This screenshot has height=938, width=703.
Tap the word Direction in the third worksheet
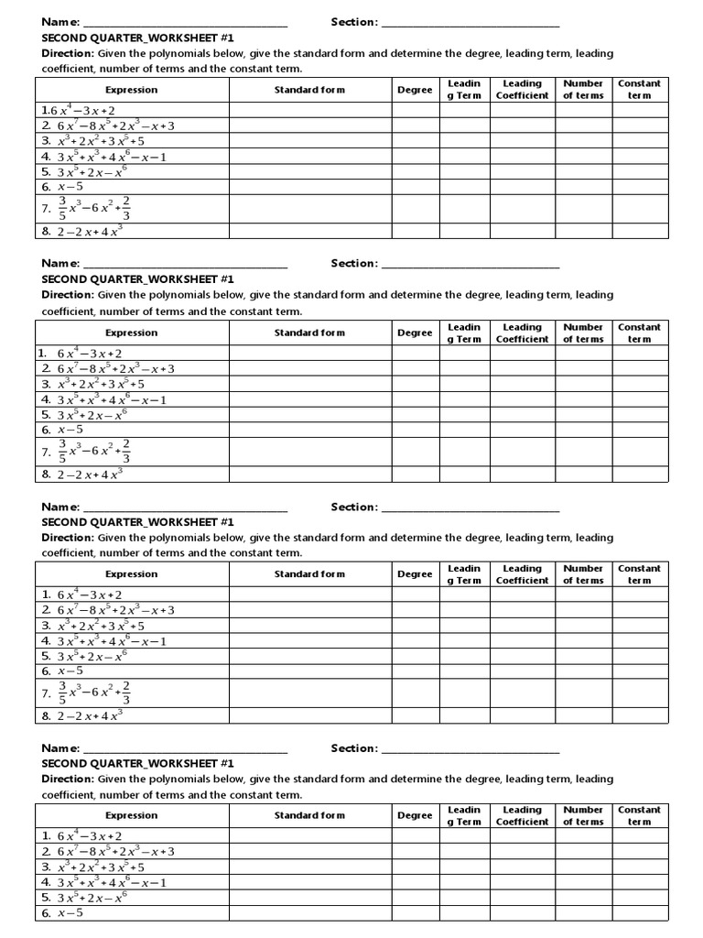(x=68, y=538)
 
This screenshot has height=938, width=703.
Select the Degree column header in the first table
(x=416, y=90)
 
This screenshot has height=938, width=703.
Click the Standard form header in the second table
(x=310, y=333)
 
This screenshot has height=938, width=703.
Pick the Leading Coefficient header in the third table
(x=522, y=574)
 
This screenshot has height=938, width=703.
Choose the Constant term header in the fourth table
(x=639, y=815)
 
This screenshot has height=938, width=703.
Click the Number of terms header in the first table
(x=583, y=90)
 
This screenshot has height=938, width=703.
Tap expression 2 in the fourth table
(x=115, y=852)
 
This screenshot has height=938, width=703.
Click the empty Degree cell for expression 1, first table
(x=416, y=110)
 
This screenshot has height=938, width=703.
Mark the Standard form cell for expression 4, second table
(x=310, y=399)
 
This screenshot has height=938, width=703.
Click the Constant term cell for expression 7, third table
(x=639, y=693)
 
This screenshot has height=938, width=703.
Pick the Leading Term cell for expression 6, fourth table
(x=463, y=913)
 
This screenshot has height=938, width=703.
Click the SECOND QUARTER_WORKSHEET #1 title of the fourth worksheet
(x=138, y=763)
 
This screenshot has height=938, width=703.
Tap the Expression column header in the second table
(x=131, y=333)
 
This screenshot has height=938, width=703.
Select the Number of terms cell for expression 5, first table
(x=583, y=171)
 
